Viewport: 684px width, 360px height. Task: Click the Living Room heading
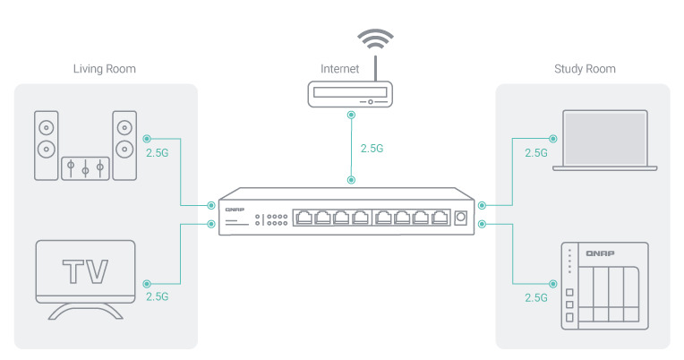105,69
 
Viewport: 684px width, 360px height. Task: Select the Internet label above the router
341,69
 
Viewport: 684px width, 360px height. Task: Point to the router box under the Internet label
350,93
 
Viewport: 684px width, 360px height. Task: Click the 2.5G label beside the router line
371,149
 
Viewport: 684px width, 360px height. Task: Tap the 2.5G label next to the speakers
156,153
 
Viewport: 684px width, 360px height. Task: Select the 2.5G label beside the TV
157,296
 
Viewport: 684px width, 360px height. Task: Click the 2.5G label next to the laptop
536,153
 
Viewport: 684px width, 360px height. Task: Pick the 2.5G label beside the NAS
536,296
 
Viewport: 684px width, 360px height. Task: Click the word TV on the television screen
84,270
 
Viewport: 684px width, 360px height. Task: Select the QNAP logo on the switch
235,209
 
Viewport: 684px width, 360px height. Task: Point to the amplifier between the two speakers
85,167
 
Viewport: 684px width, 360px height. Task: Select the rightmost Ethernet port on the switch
439,218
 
